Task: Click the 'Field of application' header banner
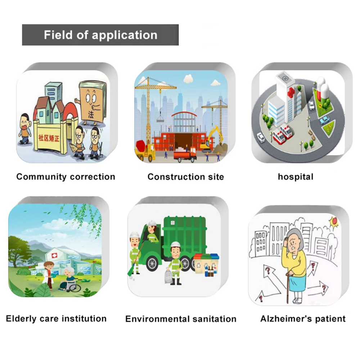100,35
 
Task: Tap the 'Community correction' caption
66,177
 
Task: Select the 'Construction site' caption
185,177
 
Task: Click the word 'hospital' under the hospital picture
296,177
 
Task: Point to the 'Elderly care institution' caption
56,319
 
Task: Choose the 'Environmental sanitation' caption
181,319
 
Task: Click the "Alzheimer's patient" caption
303,319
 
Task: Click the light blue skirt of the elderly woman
298,284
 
